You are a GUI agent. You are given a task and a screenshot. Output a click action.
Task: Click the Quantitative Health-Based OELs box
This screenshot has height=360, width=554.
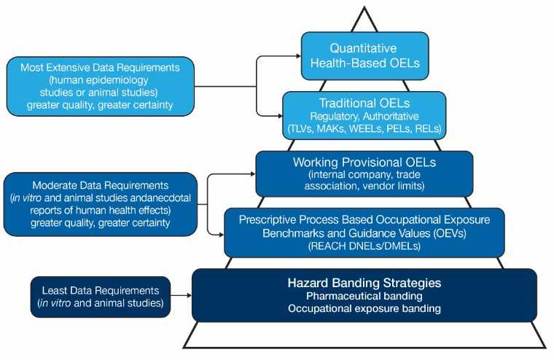click(365, 56)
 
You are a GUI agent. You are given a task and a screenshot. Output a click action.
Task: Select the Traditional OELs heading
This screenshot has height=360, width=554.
click(362, 103)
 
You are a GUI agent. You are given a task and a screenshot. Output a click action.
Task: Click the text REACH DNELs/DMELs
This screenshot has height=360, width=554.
click(362, 246)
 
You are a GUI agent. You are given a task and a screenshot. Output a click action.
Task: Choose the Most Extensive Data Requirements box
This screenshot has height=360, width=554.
click(101, 86)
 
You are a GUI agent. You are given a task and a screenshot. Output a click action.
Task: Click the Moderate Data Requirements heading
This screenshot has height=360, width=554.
click(100, 186)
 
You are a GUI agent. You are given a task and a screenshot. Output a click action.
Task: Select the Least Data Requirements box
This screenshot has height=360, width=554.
click(100, 297)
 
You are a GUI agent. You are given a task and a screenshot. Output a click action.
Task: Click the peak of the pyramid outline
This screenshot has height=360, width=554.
click(363, 9)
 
